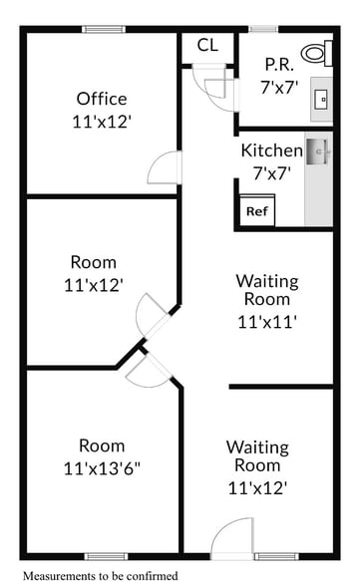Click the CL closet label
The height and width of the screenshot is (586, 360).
[206, 45]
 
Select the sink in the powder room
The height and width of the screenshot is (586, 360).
[322, 98]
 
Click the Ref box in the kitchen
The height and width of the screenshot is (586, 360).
[256, 211]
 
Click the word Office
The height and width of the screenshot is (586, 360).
[102, 99]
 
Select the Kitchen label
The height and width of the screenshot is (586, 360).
[271, 151]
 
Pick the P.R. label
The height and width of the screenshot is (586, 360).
[277, 65]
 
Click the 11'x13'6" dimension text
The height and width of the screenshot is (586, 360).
[102, 467]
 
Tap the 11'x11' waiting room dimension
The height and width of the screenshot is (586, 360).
[267, 321]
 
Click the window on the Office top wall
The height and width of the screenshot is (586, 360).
[103, 29]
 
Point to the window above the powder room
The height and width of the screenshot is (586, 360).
[263, 29]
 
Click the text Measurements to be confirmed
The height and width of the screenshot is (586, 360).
[99, 576]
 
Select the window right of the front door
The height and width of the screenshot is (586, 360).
[278, 556]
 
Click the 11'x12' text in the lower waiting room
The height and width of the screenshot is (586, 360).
[257, 488]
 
